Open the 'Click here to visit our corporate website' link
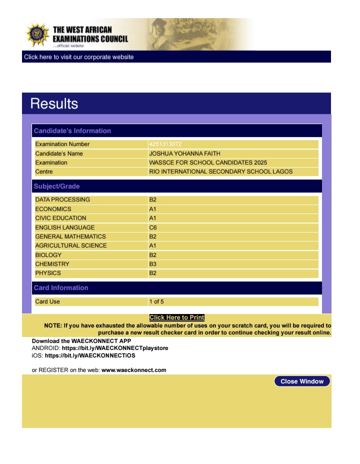[x=79, y=57]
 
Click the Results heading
[x=54, y=103]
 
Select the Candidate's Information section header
[x=72, y=131]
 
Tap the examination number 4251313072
[x=165, y=144]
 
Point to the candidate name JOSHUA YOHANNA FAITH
[x=184, y=153]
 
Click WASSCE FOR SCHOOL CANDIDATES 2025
[x=208, y=162]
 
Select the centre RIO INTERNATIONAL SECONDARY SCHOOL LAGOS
[x=220, y=171]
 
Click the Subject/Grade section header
[x=57, y=186]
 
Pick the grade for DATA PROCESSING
[x=153, y=199]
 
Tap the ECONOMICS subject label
[x=53, y=209]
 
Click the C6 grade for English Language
[x=153, y=227]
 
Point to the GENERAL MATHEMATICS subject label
[x=70, y=236]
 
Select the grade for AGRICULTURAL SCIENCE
[x=153, y=245]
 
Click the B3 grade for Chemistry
[x=153, y=264]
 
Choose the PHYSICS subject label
[x=48, y=273]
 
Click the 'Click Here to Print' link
[x=177, y=317]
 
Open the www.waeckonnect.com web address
[x=133, y=370]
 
